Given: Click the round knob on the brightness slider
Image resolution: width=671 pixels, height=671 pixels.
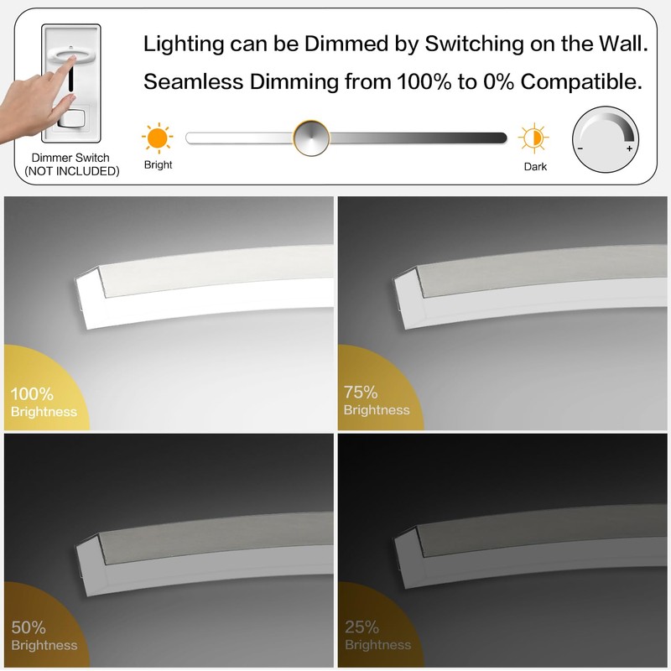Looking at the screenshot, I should pos(311,138).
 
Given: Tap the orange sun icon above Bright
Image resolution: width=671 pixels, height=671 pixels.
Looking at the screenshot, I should pos(157,138).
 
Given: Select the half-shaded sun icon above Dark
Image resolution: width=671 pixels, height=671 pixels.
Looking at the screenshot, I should pos(533,138).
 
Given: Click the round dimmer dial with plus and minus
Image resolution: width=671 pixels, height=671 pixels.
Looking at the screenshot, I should pos(605,138).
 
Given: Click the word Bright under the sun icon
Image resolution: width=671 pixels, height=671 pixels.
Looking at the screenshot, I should pos(158,165).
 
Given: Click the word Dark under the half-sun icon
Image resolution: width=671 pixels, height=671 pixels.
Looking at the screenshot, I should pos(535,166).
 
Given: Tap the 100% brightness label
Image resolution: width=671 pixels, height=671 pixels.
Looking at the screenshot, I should pos(33,393).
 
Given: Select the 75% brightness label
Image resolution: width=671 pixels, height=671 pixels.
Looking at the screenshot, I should pos(362,392).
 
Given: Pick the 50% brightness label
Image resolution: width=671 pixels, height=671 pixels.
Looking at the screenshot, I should pos(29,627).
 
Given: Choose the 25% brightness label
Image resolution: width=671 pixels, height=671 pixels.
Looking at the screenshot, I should pos(362,627).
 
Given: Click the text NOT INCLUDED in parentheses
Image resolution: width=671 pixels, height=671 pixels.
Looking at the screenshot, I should pos(71,171).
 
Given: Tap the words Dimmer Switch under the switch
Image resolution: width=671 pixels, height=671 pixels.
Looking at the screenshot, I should pos(70,158).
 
